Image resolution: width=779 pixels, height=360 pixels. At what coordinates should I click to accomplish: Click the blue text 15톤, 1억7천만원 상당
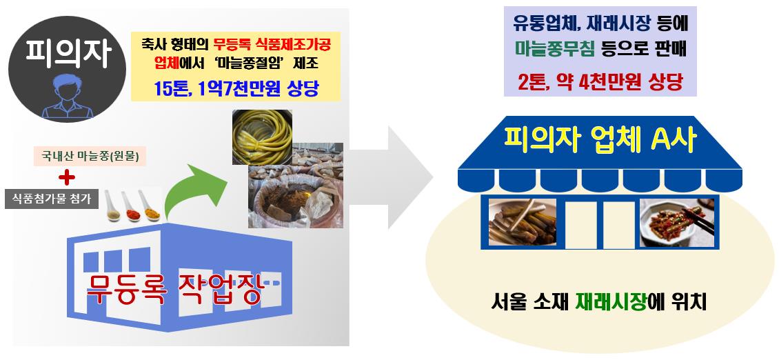pyautogui.click(x=237, y=88)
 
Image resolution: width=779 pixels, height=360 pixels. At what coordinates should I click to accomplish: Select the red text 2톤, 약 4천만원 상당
pyautogui.click(x=600, y=83)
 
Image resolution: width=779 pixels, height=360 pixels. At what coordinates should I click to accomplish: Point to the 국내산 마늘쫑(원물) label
pyautogui.click(x=90, y=156)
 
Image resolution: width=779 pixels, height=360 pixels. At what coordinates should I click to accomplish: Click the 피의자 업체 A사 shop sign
pyautogui.click(x=600, y=141)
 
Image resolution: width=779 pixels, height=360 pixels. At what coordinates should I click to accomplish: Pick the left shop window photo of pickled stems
pyautogui.click(x=522, y=222)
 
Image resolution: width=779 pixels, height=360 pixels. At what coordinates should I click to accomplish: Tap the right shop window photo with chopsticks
pyautogui.click(x=672, y=222)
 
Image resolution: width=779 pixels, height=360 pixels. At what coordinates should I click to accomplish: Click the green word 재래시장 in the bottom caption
pyautogui.click(x=613, y=302)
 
